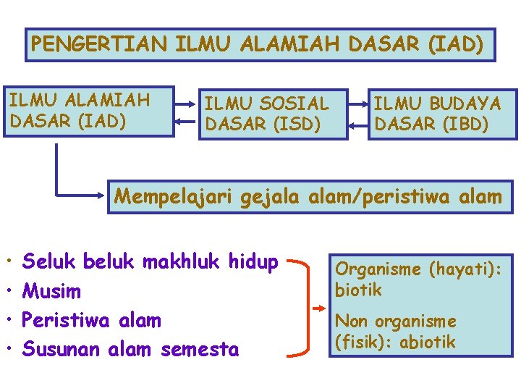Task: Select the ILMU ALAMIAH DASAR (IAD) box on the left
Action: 89,112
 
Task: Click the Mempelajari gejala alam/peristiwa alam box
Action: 308,195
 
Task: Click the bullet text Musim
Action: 52,292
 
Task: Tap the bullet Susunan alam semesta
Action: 130,350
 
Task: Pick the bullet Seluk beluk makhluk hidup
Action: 150,262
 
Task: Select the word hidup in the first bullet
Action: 254,262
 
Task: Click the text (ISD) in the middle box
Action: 297,125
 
